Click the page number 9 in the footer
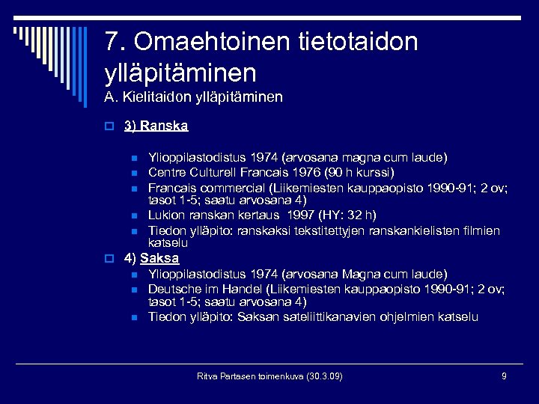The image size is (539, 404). coord(504,375)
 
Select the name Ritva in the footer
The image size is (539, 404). coord(207,376)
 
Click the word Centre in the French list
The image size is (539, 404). coord(166,171)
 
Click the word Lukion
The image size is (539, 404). coord(165,215)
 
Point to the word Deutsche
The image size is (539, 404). coord(173,288)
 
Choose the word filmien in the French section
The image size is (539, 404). coord(481,230)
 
